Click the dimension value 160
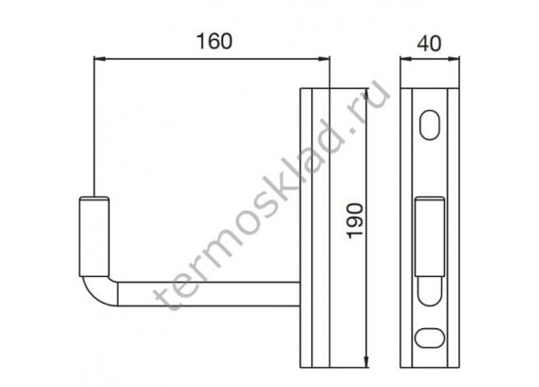(214, 41)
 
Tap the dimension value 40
(429, 44)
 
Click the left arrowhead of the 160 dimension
(99, 59)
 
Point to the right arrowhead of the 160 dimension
(325, 59)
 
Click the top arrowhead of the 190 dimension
(367, 94)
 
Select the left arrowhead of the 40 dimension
(405, 59)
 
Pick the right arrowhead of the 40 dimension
(455, 59)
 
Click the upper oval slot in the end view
(430, 125)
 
